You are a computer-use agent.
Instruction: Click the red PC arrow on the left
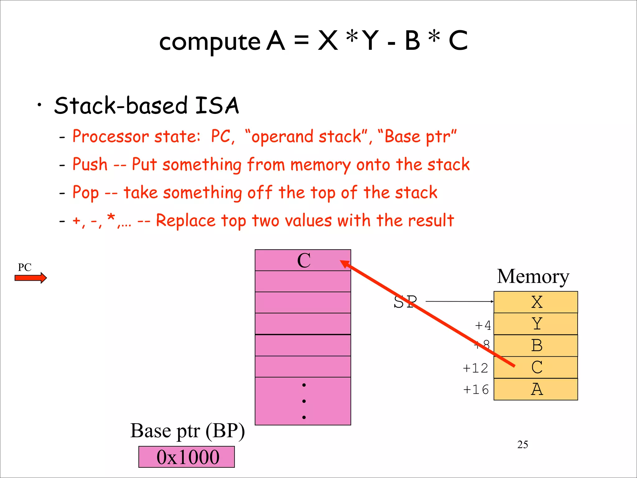[x=30, y=278]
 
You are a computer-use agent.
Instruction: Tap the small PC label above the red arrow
[x=25, y=267]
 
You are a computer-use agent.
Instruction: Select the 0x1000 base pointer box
[x=187, y=457]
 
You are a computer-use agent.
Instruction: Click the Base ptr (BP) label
[x=188, y=431]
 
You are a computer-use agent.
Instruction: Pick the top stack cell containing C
[x=303, y=260]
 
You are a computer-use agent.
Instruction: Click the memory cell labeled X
[x=536, y=302]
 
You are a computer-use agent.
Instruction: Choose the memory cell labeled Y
[x=536, y=324]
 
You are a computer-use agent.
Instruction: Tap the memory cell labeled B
[x=536, y=345]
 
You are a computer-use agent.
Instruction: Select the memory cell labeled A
[x=536, y=389]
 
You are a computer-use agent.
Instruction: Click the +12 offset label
[x=475, y=368]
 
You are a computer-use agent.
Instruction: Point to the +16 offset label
[x=476, y=390]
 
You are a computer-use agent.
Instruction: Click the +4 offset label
[x=483, y=326]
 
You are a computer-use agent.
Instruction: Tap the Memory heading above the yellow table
[x=533, y=276]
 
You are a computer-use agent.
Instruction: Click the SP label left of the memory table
[x=405, y=302]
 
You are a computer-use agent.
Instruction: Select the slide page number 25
[x=523, y=444]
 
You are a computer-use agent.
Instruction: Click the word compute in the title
[x=210, y=42]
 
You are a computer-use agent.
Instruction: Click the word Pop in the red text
[x=86, y=192]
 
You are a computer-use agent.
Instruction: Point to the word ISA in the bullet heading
[x=217, y=105]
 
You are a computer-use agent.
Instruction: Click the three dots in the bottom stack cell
[x=304, y=401]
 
